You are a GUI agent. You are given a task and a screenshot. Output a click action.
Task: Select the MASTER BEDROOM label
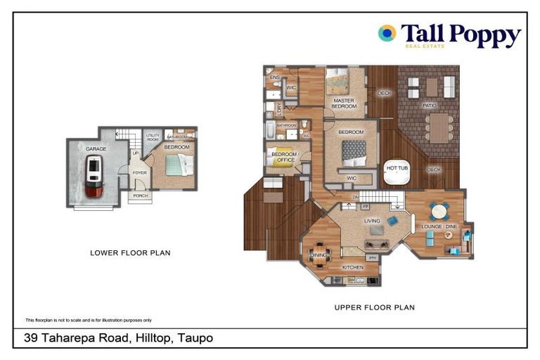tap(344, 103)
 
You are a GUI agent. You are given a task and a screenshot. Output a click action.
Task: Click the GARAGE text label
tap(96, 150)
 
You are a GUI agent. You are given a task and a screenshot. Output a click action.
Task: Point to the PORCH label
tap(141, 195)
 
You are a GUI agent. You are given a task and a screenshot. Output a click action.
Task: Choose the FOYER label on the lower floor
tap(140, 172)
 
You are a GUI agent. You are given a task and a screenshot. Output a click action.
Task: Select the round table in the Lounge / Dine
tap(439, 211)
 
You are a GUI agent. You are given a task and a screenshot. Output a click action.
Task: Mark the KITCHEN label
tap(352, 268)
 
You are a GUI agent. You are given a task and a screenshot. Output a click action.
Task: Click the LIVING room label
tap(372, 221)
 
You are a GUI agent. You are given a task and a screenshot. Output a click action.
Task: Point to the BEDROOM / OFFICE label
tap(284, 157)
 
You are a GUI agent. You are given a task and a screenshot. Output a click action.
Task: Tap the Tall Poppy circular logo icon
tap(387, 32)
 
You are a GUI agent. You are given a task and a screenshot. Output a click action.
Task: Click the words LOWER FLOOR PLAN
tap(130, 252)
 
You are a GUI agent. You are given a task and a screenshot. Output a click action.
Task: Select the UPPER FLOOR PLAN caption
tap(374, 307)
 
